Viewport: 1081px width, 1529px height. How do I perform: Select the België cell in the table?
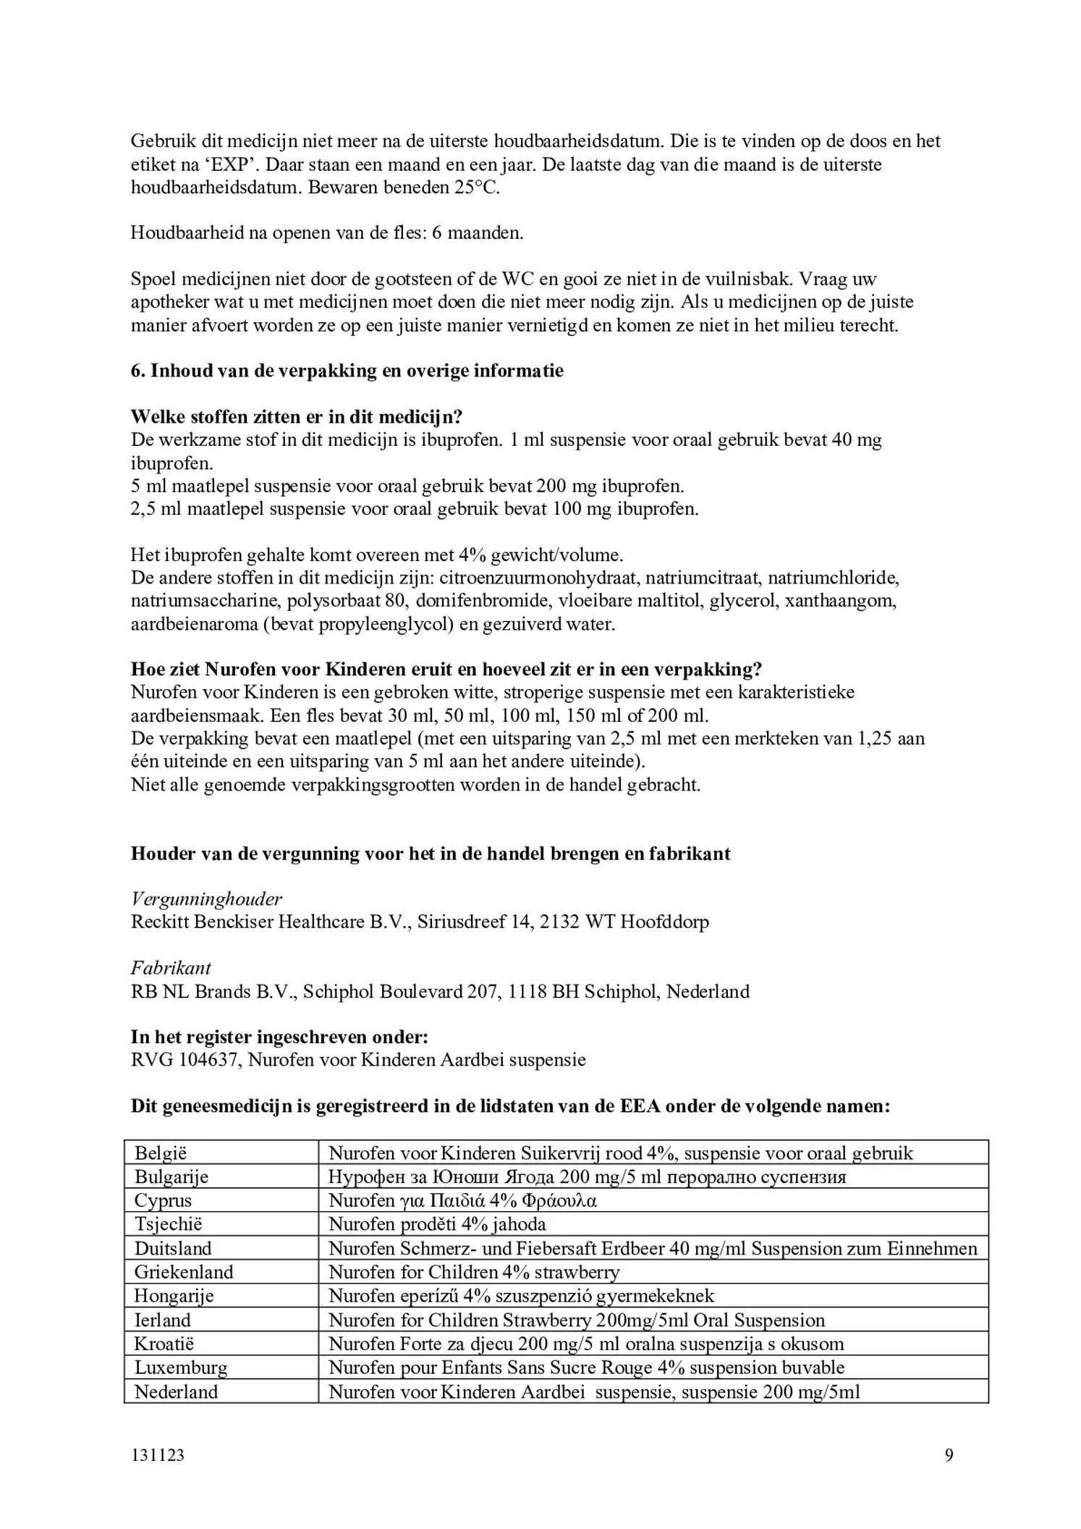pyautogui.click(x=161, y=1153)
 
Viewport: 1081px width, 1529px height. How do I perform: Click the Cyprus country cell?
pyautogui.click(x=163, y=1200)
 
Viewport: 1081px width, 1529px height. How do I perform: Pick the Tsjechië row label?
pyautogui.click(x=168, y=1224)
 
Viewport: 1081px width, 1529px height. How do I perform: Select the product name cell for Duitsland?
pyautogui.click(x=652, y=1248)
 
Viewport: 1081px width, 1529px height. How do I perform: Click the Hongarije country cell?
pyautogui.click(x=174, y=1296)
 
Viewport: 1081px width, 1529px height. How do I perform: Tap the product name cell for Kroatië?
pyautogui.click(x=585, y=1344)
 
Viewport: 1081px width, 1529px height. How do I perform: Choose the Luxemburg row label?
pyautogui.click(x=180, y=1368)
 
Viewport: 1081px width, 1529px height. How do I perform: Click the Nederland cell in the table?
pyautogui.click(x=176, y=1391)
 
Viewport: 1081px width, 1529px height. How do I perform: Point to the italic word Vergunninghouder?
pyautogui.click(x=206, y=899)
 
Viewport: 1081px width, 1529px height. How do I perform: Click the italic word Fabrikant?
pyautogui.click(x=171, y=968)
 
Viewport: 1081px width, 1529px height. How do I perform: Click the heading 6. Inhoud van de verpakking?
pyautogui.click(x=347, y=371)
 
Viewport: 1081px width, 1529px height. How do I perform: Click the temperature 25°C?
pyautogui.click(x=476, y=188)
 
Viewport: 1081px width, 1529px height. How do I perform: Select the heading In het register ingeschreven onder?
pyautogui.click(x=279, y=1037)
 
